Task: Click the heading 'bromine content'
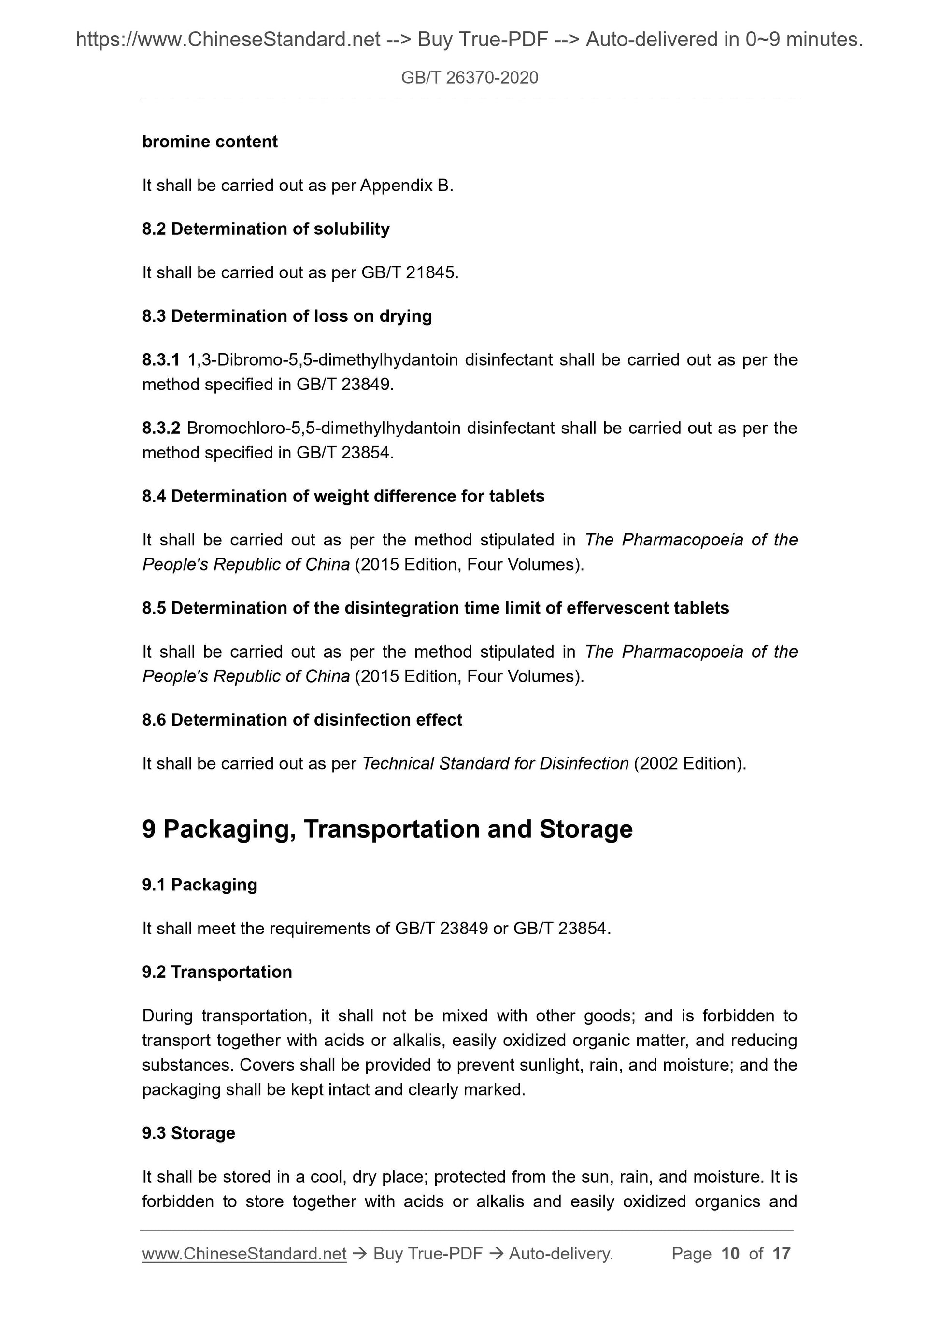210,142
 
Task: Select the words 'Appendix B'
405,186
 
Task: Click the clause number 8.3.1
161,360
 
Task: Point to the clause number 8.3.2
161,428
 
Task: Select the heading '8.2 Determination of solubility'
266,229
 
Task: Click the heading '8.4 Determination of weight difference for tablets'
343,497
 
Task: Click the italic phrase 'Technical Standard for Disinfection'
495,763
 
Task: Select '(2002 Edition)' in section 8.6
689,763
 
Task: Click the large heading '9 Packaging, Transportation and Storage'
387,829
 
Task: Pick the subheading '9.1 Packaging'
200,885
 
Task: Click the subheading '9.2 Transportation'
217,972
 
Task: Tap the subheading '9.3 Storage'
189,1133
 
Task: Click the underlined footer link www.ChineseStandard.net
244,1254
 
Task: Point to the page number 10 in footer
730,1254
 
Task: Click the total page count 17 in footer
781,1254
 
